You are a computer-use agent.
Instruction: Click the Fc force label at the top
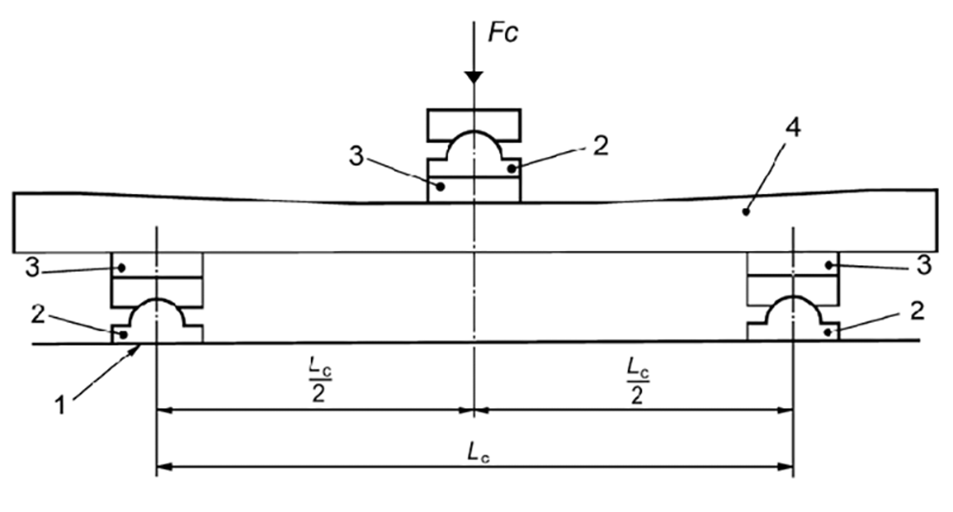[503, 33]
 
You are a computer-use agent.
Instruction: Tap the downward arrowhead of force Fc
[474, 78]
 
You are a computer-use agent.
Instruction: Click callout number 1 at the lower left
[60, 406]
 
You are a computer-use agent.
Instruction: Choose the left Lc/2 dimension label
[319, 381]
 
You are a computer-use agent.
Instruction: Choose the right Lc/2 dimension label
[637, 381]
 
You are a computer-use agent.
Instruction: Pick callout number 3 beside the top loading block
[356, 157]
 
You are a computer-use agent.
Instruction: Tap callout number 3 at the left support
[32, 269]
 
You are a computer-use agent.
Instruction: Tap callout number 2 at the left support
[38, 314]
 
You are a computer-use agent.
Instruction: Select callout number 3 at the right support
[923, 266]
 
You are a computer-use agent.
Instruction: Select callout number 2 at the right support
[917, 311]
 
